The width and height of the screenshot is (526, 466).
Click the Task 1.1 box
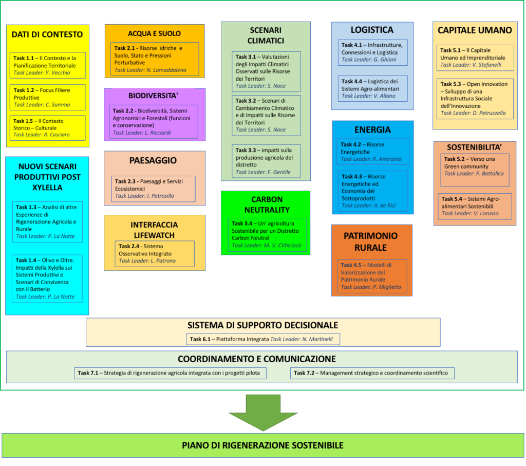tap(47, 65)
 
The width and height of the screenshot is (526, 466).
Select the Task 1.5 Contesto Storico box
tap(47, 128)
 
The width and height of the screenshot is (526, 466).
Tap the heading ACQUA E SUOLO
tap(154, 33)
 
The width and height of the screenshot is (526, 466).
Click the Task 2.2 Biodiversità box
tap(154, 121)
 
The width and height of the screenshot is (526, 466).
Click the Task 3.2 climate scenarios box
tap(265, 116)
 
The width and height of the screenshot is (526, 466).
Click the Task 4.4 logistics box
tap(373, 88)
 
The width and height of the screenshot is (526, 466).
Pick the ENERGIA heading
tap(372, 130)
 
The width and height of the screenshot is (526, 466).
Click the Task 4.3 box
tap(372, 191)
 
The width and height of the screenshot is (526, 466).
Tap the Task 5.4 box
tap(475, 206)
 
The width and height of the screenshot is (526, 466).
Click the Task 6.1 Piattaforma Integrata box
tap(263, 339)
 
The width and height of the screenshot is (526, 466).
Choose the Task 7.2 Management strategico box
tap(372, 373)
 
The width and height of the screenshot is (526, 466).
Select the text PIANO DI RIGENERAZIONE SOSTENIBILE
tap(263, 445)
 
